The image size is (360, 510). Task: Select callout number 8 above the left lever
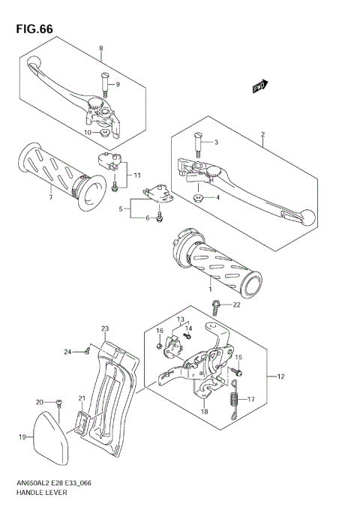[101, 49]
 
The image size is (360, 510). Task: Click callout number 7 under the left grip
[50, 198]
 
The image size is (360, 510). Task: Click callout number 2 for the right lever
[263, 136]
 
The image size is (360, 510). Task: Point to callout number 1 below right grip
[211, 289]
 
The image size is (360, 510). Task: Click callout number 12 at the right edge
[281, 376]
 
